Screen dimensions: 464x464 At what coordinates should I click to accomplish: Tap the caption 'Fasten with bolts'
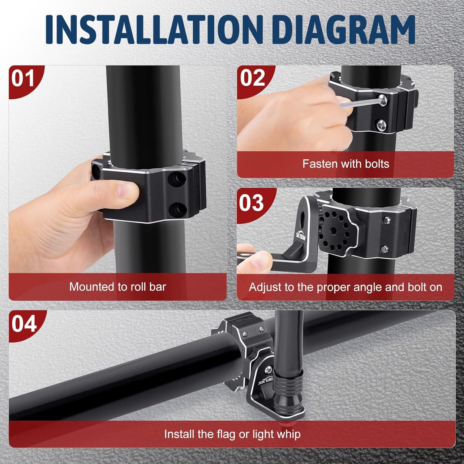[346, 163]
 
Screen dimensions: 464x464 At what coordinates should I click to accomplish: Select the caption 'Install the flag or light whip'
[232, 434]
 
